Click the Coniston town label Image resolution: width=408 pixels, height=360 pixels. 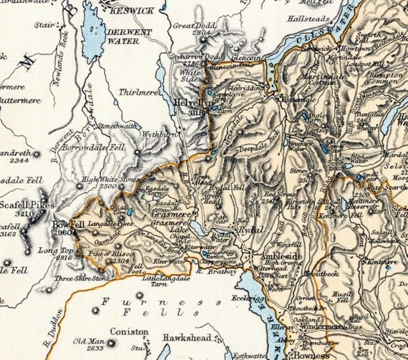point(129,332)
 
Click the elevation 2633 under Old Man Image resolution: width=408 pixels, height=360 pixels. point(94,350)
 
